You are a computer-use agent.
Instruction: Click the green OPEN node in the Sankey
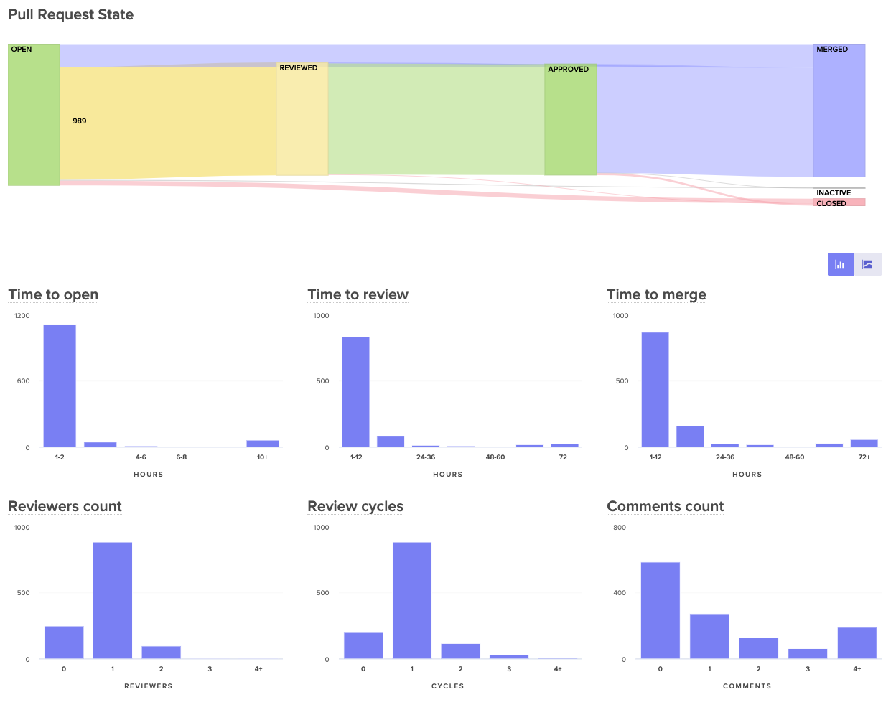pos(34,115)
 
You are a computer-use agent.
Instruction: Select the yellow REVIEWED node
pos(302,119)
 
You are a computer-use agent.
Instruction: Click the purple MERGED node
pos(839,111)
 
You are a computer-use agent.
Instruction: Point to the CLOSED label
pos(831,203)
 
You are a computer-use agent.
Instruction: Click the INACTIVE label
pos(834,192)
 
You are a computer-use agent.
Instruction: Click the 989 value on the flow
pos(80,121)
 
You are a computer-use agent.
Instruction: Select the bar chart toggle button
pos(841,264)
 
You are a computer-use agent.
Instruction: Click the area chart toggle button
pos(867,264)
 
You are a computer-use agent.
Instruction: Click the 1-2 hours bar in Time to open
pos(60,386)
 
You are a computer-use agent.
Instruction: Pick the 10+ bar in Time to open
pos(263,444)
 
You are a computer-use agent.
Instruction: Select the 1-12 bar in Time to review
pos(356,392)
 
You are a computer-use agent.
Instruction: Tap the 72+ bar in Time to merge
pos(864,443)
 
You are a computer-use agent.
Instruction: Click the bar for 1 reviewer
pos(113,600)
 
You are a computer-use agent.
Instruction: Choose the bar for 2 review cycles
pos(460,651)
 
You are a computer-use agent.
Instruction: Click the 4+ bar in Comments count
pos(857,643)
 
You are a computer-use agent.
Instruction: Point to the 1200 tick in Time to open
pos(22,316)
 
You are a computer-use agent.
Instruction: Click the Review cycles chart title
pos(355,506)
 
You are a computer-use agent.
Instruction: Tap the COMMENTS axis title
pos(747,686)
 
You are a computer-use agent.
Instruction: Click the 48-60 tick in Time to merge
pos(794,457)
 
